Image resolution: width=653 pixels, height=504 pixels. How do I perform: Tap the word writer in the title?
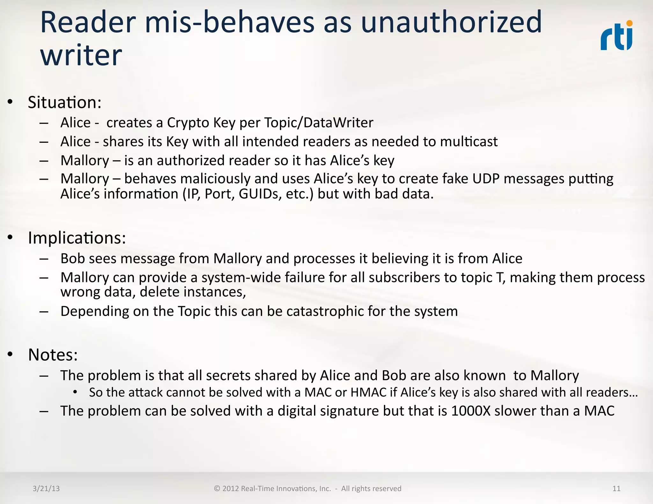81,55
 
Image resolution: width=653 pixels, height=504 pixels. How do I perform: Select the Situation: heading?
65,102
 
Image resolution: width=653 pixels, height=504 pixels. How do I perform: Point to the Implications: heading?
77,238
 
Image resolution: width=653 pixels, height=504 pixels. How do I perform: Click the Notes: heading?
53,355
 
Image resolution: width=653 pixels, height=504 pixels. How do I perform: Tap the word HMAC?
368,392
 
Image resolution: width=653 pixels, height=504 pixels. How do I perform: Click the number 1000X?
471,411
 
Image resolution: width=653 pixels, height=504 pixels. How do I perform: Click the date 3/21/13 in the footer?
46,489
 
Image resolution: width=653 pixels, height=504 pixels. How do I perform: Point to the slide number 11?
616,489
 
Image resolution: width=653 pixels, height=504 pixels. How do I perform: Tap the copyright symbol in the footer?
217,489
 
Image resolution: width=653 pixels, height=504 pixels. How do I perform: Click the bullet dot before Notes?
11,354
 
